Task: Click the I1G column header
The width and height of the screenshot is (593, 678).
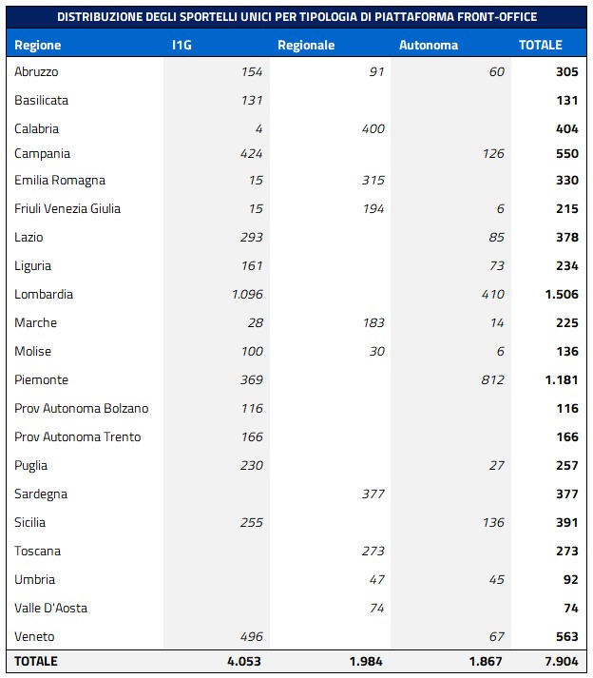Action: click(182, 45)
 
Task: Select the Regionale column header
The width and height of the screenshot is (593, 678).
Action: click(306, 45)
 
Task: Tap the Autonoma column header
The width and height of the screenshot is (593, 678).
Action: click(429, 45)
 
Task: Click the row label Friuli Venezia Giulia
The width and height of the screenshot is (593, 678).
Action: click(67, 208)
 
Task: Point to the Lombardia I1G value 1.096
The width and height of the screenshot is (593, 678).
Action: click(247, 294)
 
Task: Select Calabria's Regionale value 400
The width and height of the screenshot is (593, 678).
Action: click(373, 128)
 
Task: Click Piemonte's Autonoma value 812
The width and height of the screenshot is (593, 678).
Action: click(492, 379)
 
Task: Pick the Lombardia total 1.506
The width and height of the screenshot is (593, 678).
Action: click(562, 294)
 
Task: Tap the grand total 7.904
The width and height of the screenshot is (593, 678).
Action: click(560, 661)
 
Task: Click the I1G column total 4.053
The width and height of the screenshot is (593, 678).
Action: click(244, 661)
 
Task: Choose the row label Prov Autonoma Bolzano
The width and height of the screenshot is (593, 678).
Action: click(82, 408)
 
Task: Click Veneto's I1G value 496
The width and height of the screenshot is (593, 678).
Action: click(249, 636)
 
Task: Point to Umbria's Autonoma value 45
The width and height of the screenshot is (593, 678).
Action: click(496, 579)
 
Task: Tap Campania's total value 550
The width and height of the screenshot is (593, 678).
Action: click(566, 153)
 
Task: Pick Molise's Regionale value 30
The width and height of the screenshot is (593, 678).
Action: click(376, 351)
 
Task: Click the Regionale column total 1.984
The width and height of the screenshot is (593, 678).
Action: click(366, 661)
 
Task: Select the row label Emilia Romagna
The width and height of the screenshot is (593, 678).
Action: click(60, 180)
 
